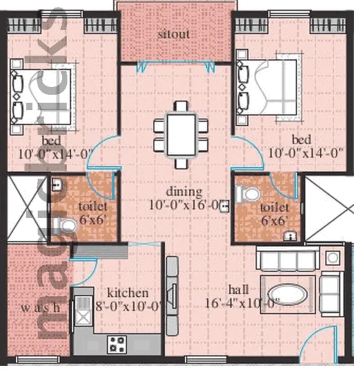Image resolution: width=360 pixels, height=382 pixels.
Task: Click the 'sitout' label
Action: tap(174, 35)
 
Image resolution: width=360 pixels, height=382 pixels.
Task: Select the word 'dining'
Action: tap(182, 191)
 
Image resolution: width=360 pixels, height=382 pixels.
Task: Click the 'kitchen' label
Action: tap(128, 293)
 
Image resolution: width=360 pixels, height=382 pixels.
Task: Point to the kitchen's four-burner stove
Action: tap(116, 344)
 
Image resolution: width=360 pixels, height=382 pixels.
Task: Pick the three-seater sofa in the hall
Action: tap(286, 261)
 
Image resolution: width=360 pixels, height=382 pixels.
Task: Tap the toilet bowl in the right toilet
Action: tap(245, 194)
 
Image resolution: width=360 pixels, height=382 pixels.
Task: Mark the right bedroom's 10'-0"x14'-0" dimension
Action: tap(306, 154)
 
